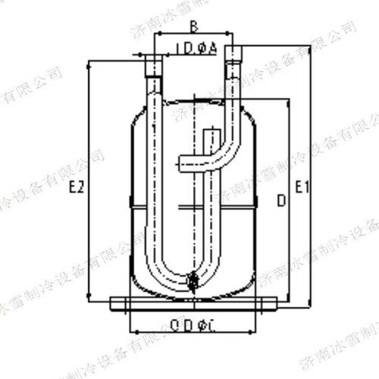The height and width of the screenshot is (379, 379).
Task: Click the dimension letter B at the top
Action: (x=193, y=27)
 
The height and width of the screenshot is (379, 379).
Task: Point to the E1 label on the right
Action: (x=302, y=186)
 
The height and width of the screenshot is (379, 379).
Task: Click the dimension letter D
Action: (x=280, y=200)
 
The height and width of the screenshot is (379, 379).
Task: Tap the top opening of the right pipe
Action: (x=233, y=50)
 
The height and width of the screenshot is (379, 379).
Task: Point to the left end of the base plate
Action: (x=111, y=303)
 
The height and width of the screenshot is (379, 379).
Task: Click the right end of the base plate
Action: (x=278, y=303)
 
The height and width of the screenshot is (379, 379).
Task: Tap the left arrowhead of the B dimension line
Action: (x=156, y=36)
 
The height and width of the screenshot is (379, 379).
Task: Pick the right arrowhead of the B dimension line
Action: (x=232, y=36)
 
